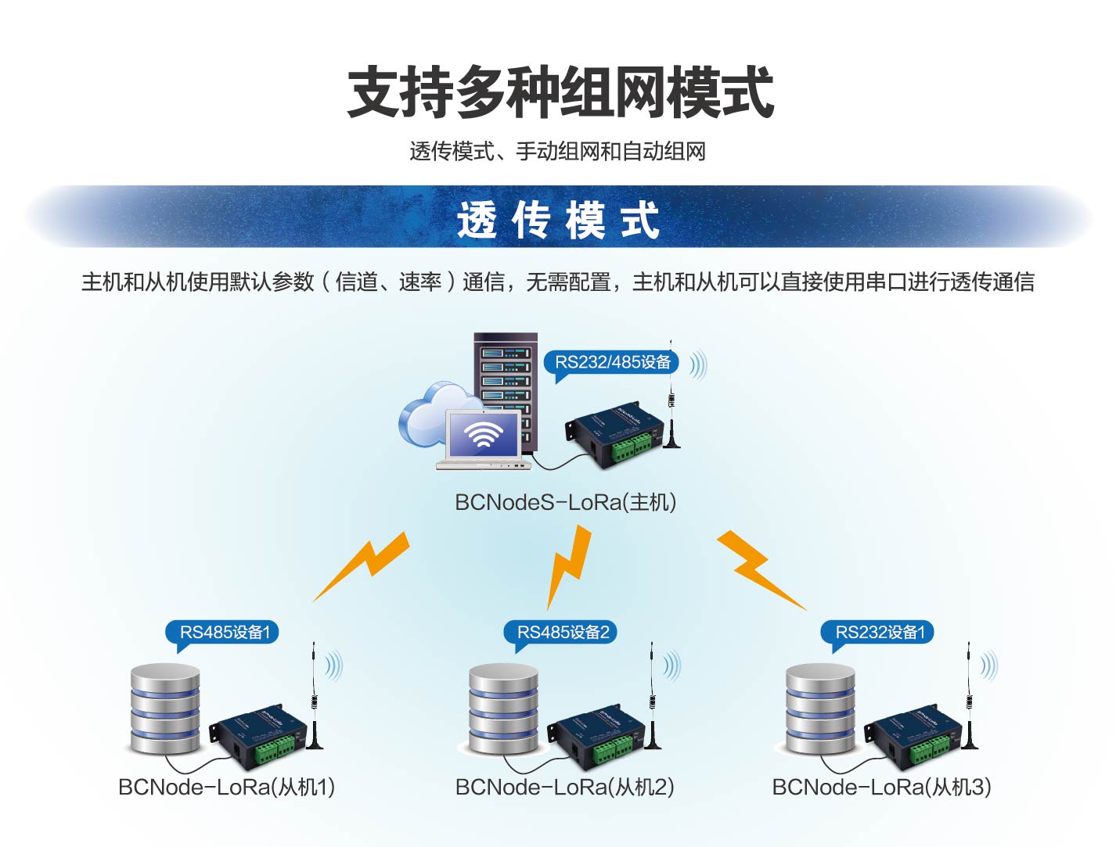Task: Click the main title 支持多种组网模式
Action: point(560,92)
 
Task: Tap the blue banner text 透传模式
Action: point(558,220)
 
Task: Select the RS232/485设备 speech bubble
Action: point(612,362)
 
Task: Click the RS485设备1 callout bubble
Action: point(224,632)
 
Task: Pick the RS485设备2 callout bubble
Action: point(563,632)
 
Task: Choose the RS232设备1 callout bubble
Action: point(880,632)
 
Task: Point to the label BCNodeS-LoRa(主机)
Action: point(565,502)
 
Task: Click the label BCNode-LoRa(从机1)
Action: point(226,787)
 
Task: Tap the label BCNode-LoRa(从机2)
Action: point(564,787)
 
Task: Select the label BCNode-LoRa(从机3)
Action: point(881,787)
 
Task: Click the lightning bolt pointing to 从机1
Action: point(365,565)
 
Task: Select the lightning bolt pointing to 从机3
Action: point(758,567)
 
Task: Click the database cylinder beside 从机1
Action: point(165,709)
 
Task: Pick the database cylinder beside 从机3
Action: point(819,709)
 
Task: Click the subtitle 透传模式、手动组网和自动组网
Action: point(557,151)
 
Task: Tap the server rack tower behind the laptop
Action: point(506,375)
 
